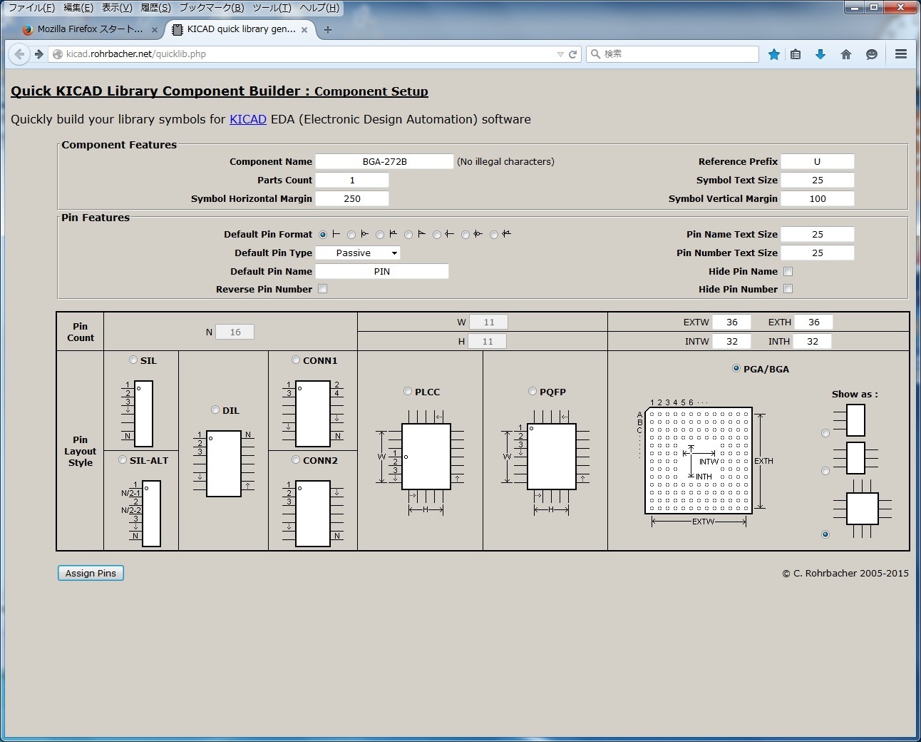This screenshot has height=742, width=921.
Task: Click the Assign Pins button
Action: click(91, 573)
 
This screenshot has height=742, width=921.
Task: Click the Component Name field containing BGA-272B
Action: click(384, 162)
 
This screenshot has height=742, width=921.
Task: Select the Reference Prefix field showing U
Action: click(817, 162)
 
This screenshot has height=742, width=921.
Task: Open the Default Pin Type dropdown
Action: click(358, 253)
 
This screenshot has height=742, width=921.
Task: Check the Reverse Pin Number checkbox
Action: click(323, 289)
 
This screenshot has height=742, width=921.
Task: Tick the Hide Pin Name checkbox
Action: click(788, 272)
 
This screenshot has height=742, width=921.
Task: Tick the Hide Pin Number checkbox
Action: click(788, 289)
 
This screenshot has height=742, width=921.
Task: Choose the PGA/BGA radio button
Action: click(736, 369)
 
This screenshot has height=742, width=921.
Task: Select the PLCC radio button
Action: click(408, 391)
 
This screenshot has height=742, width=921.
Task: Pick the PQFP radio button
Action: click(532, 391)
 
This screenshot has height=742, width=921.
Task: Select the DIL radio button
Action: click(215, 410)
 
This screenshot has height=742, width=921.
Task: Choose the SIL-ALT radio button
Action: click(123, 460)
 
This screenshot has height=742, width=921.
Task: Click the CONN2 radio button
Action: click(296, 460)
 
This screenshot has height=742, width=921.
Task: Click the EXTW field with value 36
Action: click(732, 322)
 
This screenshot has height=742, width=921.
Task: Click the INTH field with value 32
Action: click(813, 342)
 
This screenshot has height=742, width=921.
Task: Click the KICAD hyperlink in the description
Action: click(248, 119)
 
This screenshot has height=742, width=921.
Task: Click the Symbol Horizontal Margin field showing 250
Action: click(352, 199)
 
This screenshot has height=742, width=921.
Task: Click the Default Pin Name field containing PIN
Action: click(382, 272)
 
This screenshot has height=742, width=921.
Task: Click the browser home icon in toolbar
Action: click(846, 54)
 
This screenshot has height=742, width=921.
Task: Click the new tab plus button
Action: click(328, 30)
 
